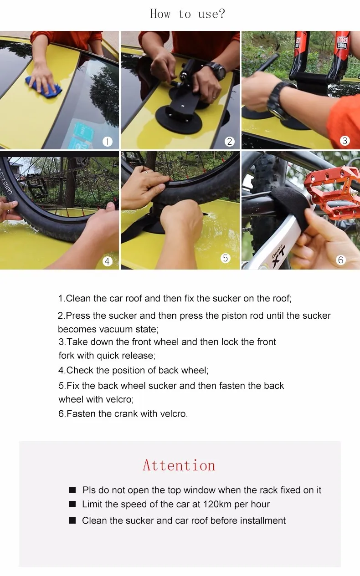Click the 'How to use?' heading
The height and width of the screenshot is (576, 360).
pyautogui.click(x=187, y=14)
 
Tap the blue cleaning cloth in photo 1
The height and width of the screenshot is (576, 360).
pyautogui.click(x=43, y=87)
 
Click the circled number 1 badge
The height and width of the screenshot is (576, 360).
pyautogui.click(x=107, y=142)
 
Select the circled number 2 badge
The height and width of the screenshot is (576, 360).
pyautogui.click(x=230, y=142)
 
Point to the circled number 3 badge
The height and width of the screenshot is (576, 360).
pyautogui.click(x=345, y=141)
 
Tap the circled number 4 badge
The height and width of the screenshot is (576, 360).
pyautogui.click(x=107, y=261)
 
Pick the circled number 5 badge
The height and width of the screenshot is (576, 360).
pyautogui.click(x=226, y=258)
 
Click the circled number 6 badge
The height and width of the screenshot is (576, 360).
pyautogui.click(x=340, y=260)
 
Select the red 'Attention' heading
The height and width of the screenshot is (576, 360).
pyautogui.click(x=179, y=465)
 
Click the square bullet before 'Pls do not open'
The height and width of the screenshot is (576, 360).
pyautogui.click(x=72, y=490)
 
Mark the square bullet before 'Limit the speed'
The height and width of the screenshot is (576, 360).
pyautogui.click(x=72, y=505)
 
